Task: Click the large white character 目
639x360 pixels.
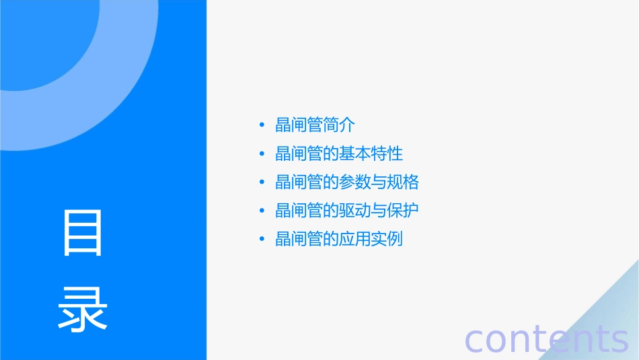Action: pyautogui.click(x=83, y=232)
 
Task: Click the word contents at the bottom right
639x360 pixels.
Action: pyautogui.click(x=546, y=338)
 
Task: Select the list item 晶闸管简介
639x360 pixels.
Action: pyautogui.click(x=315, y=125)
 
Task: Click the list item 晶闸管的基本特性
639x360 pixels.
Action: pyautogui.click(x=339, y=153)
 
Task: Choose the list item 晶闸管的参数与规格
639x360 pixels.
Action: pyautogui.click(x=347, y=182)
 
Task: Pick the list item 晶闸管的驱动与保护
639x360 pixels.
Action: pyautogui.click(x=347, y=211)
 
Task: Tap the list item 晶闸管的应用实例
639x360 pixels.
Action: pyautogui.click(x=339, y=239)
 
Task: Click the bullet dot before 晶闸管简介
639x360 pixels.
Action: pyautogui.click(x=262, y=125)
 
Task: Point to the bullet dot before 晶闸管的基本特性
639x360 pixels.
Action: pyautogui.click(x=262, y=154)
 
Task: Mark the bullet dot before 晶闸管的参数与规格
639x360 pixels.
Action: pyautogui.click(x=262, y=182)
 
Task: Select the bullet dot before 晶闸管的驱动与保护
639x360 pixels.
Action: pyautogui.click(x=262, y=211)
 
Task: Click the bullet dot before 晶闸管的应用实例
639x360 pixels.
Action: pyautogui.click(x=262, y=240)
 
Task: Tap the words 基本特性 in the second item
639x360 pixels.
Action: pyautogui.click(x=371, y=153)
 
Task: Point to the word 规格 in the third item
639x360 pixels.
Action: pyautogui.click(x=404, y=182)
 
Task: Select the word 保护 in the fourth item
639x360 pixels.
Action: pyautogui.click(x=404, y=211)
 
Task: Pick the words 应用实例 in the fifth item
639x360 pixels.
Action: pyautogui.click(x=371, y=239)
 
